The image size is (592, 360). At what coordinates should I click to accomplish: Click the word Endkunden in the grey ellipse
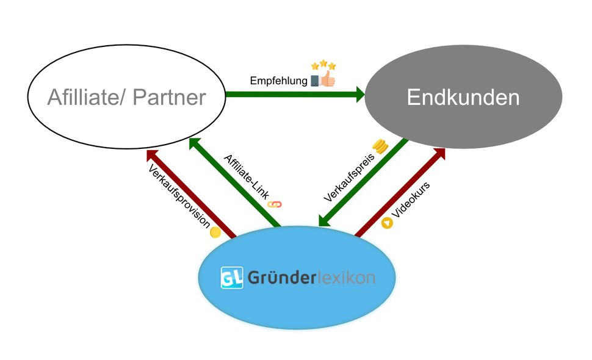point(463,98)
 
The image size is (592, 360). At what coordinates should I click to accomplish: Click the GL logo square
point(231,278)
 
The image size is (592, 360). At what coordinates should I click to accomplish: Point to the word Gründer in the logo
point(281,278)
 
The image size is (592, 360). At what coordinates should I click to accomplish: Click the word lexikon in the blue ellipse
point(345,278)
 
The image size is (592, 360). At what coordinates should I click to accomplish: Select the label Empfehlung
point(278,81)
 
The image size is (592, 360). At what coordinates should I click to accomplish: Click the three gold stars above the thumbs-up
point(323,65)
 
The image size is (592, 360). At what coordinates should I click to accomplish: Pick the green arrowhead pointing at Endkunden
point(358,95)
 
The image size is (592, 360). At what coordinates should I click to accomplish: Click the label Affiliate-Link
point(245,176)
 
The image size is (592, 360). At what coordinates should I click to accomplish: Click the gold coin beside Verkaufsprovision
point(215,232)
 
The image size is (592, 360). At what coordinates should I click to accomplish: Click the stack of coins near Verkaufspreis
point(381,146)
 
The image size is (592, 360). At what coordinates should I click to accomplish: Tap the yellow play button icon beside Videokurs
point(386,223)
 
